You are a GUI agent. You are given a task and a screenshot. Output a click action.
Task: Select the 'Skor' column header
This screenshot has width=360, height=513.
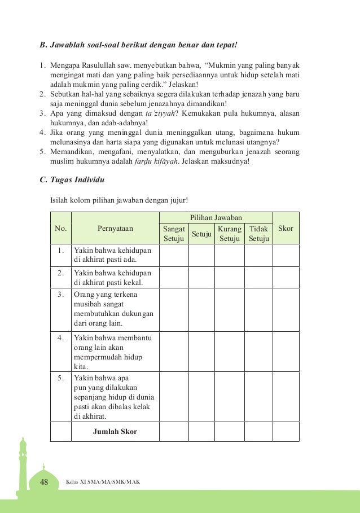[x=286, y=229]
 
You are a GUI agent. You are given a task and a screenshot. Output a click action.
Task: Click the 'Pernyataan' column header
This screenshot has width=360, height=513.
[x=115, y=229]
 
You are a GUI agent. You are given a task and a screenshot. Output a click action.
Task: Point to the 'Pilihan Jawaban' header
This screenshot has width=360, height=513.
[x=216, y=217]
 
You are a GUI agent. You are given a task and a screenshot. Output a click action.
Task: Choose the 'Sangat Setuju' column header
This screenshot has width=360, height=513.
[x=173, y=234]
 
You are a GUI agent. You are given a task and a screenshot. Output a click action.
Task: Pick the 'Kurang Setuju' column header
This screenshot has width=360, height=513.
[x=230, y=234]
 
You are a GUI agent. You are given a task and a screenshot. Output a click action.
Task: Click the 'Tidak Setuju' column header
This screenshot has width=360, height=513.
[x=258, y=234]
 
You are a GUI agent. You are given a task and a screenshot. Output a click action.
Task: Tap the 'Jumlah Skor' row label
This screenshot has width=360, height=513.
[x=115, y=432]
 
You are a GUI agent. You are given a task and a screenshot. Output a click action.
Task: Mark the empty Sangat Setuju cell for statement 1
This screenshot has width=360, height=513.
[x=173, y=255]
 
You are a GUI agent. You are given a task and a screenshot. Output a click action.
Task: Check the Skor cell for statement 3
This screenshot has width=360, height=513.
[x=286, y=309]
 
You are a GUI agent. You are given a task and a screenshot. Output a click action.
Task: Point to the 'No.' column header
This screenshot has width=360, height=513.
[x=60, y=229]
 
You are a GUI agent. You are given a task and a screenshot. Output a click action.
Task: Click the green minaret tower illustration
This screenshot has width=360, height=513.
[x=23, y=466]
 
